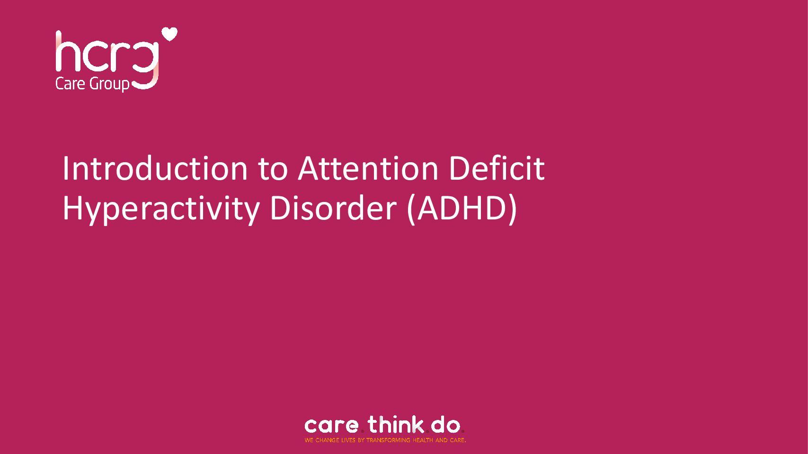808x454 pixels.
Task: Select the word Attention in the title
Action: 368,168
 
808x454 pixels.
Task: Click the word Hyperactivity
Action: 161,210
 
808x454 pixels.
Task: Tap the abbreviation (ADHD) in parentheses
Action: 462,210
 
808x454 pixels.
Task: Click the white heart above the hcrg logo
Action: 169,34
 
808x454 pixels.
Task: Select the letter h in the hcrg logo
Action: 64,51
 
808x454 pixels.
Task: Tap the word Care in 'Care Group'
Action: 71,84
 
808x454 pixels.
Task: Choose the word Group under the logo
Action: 109,85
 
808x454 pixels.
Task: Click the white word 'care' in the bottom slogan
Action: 331,426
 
